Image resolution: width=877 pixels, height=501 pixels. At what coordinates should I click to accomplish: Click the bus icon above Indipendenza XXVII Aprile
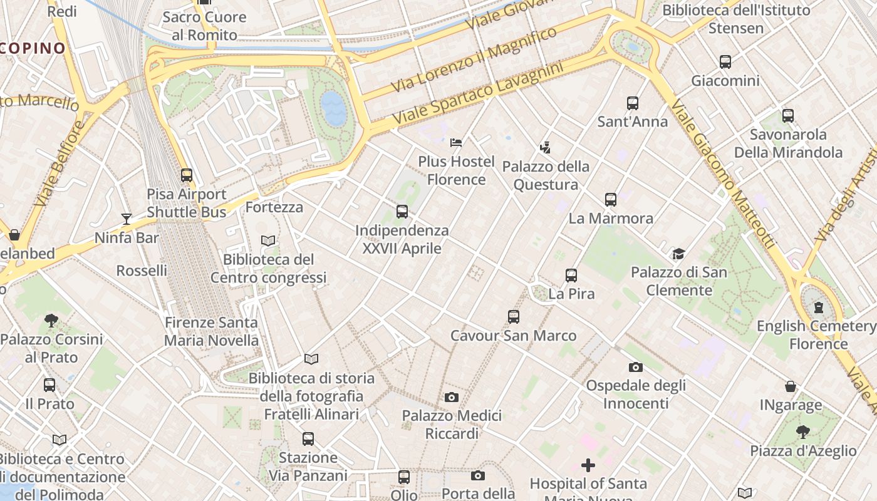tap(402, 212)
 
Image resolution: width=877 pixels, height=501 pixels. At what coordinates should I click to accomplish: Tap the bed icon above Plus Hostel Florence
tap(456, 143)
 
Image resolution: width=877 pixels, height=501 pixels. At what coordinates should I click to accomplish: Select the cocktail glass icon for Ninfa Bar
tap(127, 219)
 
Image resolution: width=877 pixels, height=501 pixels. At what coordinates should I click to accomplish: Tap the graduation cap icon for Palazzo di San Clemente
tap(678, 254)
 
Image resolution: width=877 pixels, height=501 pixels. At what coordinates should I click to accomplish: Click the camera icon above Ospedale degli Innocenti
tap(635, 367)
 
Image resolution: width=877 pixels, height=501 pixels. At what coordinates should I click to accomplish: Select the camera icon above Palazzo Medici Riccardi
tap(451, 397)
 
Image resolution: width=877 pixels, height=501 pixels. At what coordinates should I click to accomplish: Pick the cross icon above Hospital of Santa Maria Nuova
tap(588, 465)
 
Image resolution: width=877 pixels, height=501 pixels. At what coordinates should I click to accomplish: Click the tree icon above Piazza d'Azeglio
tap(802, 431)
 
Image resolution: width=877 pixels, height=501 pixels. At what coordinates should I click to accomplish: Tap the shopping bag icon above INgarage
tap(791, 386)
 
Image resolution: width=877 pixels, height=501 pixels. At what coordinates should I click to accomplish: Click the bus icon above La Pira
tap(571, 275)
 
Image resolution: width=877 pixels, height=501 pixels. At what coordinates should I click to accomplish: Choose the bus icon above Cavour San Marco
tap(514, 317)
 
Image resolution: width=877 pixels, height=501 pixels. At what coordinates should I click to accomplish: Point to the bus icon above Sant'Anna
tap(632, 103)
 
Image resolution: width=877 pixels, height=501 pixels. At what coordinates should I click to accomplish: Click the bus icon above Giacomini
tap(725, 62)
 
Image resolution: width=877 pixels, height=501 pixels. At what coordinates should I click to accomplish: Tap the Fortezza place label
tap(274, 207)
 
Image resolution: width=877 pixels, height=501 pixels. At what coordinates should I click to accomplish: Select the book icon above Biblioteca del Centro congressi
tap(268, 240)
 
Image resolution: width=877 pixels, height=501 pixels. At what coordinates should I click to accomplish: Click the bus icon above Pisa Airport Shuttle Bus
tap(186, 175)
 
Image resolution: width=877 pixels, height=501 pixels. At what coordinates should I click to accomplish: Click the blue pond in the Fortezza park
tap(333, 108)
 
